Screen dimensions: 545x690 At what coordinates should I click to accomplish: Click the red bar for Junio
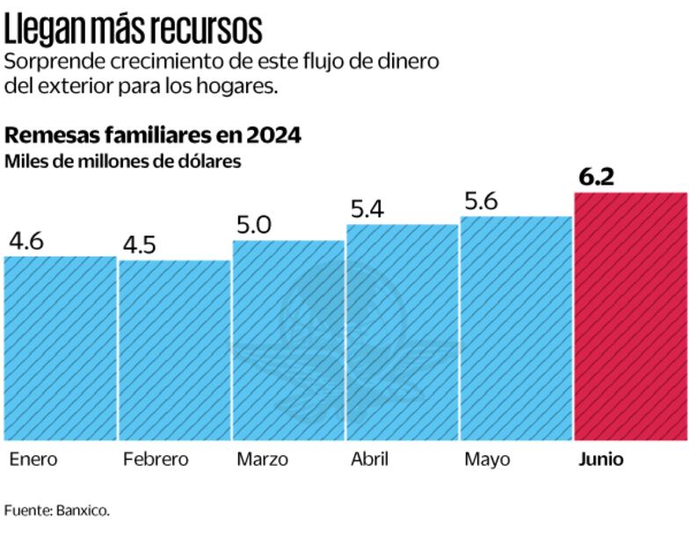pyautogui.click(x=630, y=316)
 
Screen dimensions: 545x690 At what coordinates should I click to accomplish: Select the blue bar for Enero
pyautogui.click(x=60, y=348)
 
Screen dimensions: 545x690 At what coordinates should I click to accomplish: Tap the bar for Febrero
pyautogui.click(x=174, y=350)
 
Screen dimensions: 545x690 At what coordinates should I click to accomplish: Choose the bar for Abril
pyautogui.click(x=402, y=332)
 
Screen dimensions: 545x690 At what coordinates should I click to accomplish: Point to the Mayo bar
pyautogui.click(x=516, y=328)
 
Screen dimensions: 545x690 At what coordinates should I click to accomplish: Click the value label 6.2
pyautogui.click(x=596, y=177)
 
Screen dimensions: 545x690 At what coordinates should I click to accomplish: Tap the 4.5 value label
pyautogui.click(x=139, y=243)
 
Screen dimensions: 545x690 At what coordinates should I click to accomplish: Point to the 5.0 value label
pyautogui.click(x=254, y=224)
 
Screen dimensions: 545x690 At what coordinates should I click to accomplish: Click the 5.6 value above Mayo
pyautogui.click(x=480, y=201)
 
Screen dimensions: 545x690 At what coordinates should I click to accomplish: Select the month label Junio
pyautogui.click(x=601, y=459)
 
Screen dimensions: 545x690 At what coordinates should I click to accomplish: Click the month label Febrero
pyautogui.click(x=156, y=459)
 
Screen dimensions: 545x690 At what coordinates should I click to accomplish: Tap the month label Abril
pyautogui.click(x=371, y=459)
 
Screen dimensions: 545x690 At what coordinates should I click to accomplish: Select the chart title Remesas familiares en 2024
pyautogui.click(x=154, y=136)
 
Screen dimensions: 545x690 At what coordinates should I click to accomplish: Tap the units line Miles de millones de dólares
pyautogui.click(x=123, y=162)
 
